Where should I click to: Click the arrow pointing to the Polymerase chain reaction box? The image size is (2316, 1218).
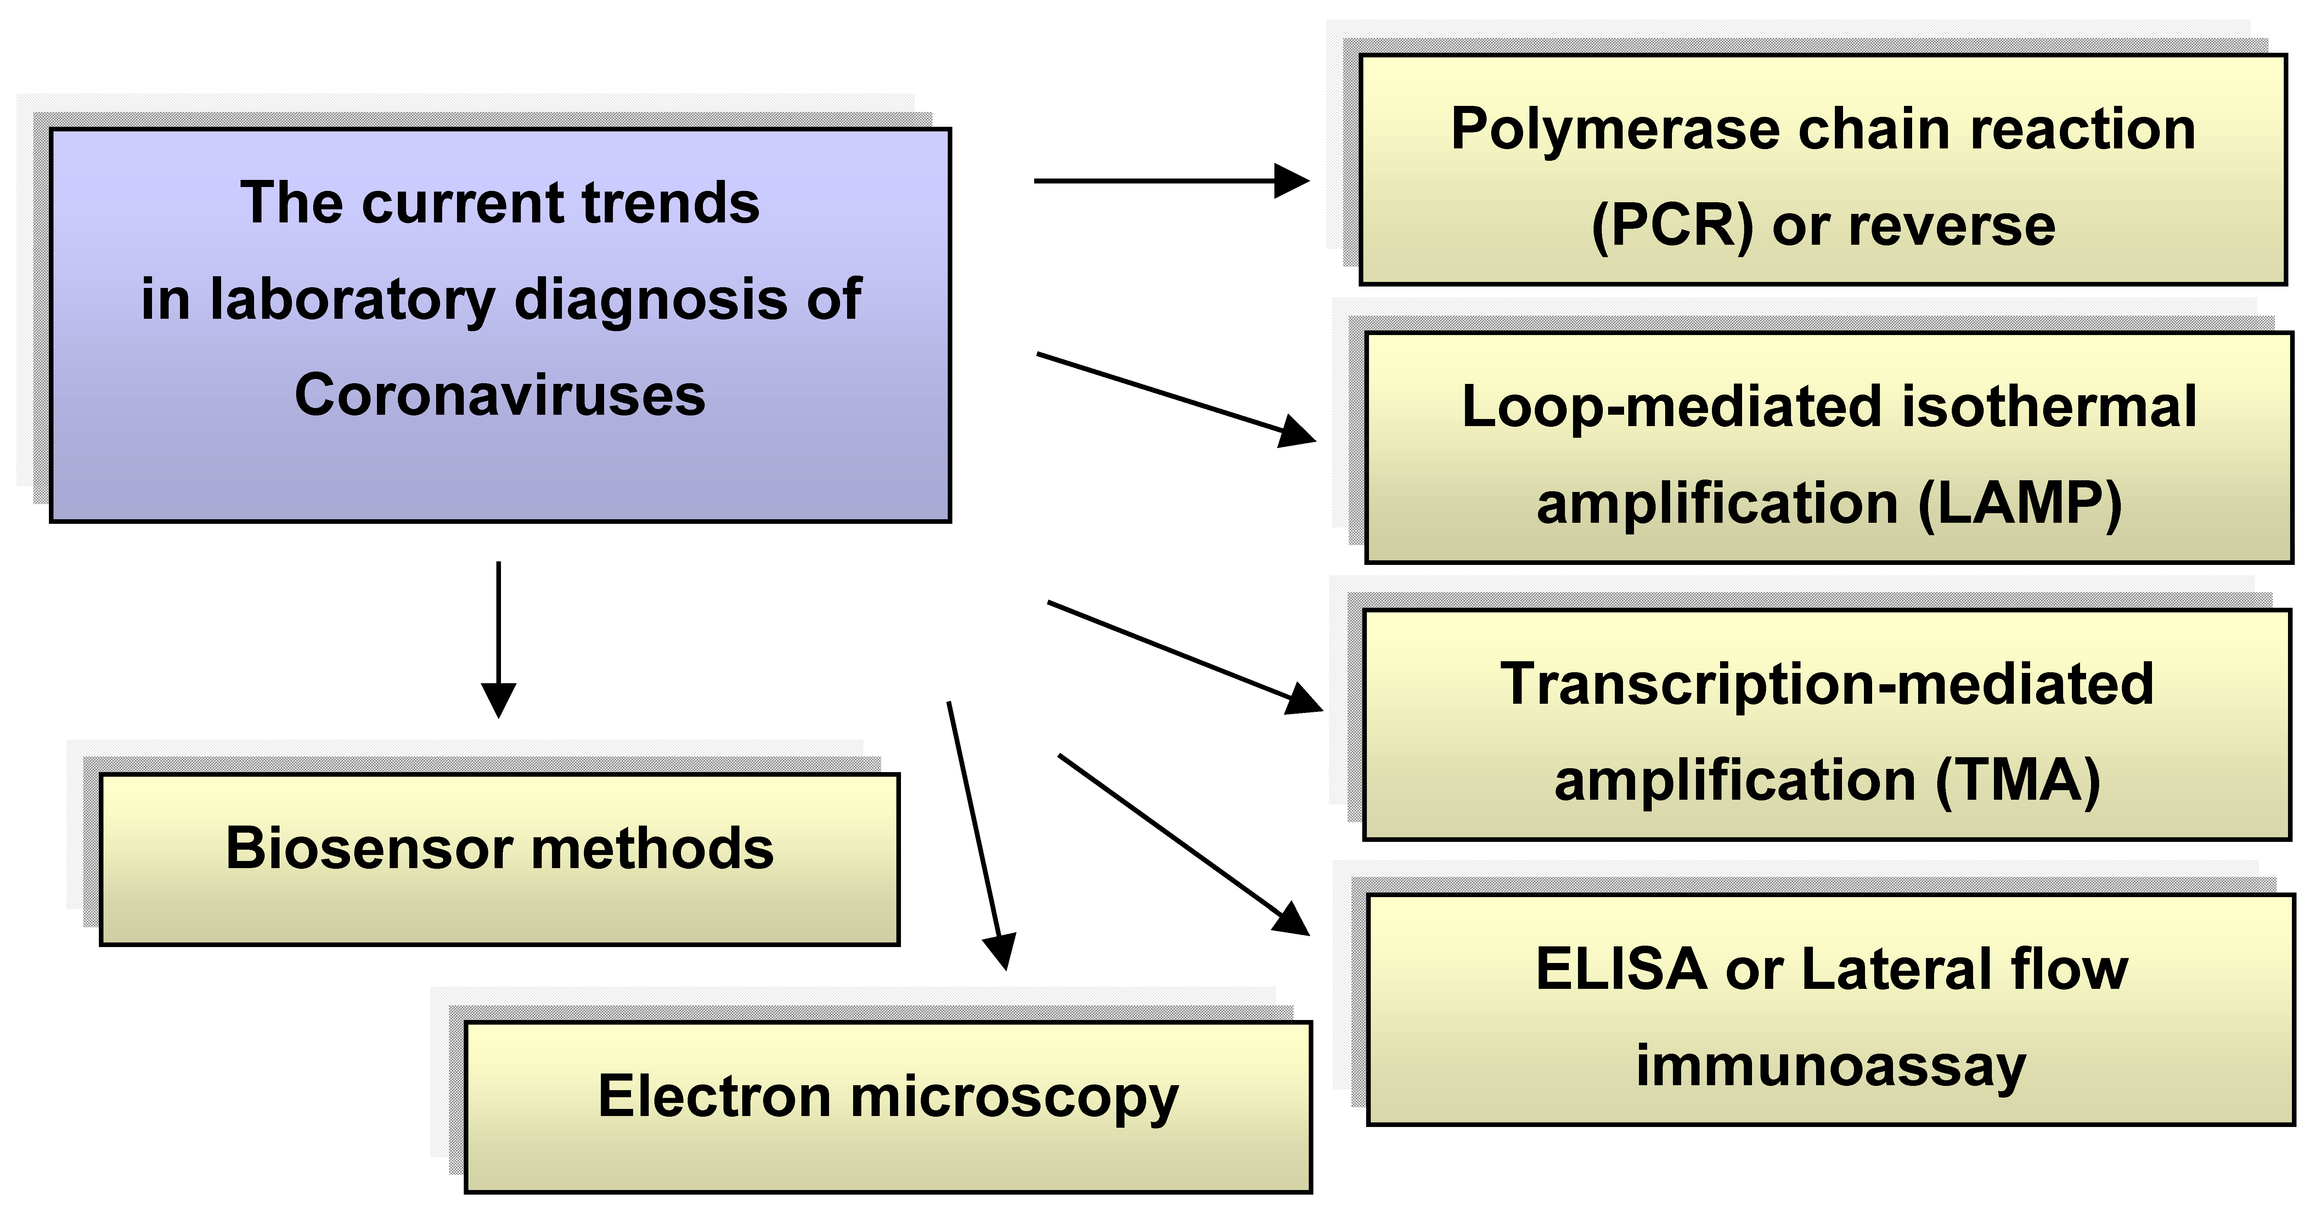coord(1169,181)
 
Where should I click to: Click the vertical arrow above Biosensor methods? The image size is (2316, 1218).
coord(498,638)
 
